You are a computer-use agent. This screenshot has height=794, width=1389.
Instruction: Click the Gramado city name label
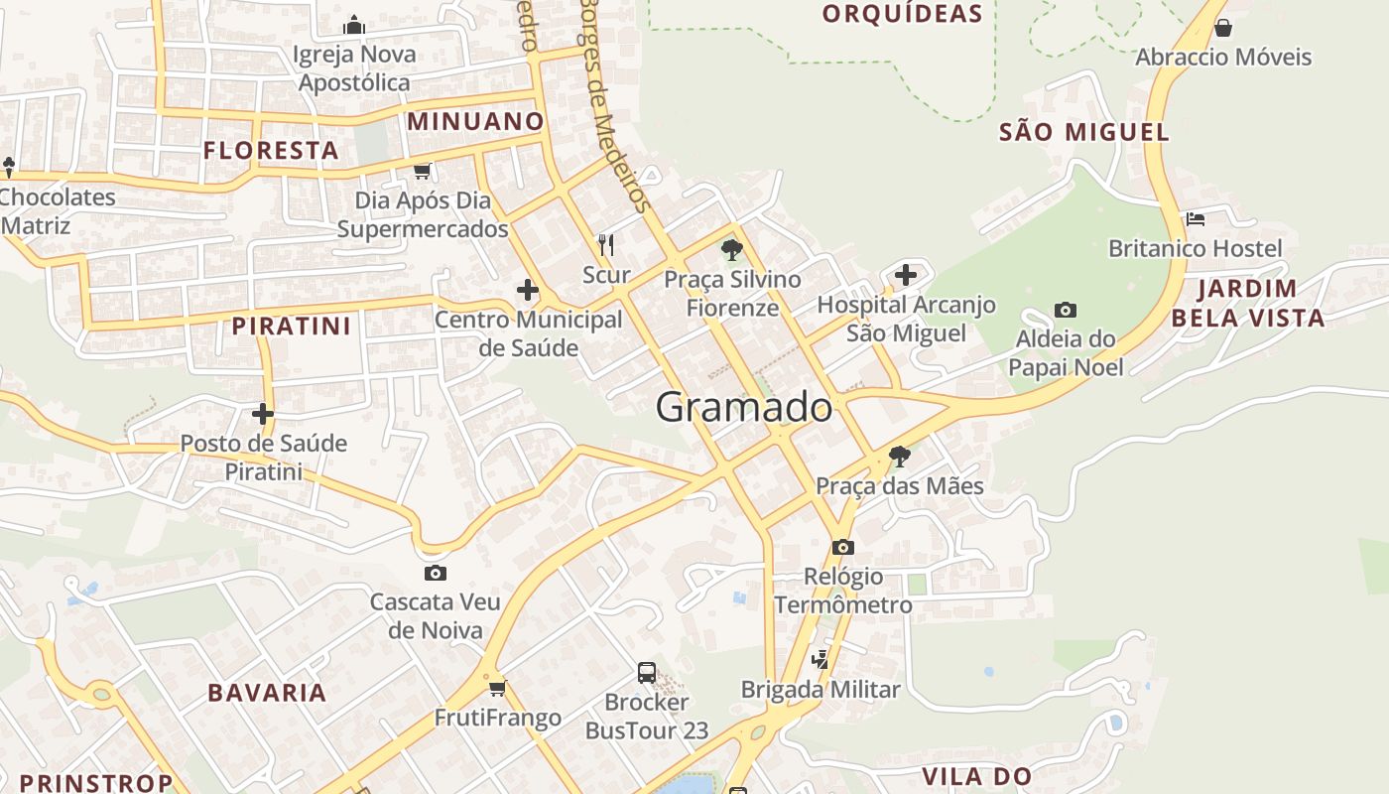(x=743, y=408)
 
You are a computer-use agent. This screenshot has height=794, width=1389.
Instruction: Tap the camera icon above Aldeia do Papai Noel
(x=1066, y=311)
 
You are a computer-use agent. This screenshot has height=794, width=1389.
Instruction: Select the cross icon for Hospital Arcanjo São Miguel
(x=905, y=275)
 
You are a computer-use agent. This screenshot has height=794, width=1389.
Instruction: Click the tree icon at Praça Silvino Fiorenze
(x=732, y=249)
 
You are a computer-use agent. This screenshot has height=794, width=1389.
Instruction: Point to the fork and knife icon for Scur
(x=606, y=244)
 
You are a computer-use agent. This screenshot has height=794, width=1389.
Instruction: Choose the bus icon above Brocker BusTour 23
(x=647, y=673)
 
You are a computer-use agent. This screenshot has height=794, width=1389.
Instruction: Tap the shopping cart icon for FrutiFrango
(x=497, y=688)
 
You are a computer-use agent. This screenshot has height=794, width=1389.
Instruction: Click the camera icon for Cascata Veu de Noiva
(x=435, y=573)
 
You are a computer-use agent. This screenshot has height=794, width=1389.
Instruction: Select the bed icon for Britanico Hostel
(x=1195, y=218)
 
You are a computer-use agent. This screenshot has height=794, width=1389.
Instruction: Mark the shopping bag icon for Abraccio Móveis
(x=1223, y=28)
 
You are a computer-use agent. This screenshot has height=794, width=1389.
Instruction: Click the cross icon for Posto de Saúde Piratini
(x=263, y=413)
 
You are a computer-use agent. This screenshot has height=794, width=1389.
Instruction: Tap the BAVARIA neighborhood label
(x=267, y=693)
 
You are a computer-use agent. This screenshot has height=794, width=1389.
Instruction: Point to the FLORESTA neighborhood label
(x=271, y=151)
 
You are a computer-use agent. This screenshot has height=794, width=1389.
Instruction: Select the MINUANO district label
(x=476, y=122)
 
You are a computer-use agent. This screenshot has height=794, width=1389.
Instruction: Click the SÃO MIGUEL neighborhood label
(x=1083, y=132)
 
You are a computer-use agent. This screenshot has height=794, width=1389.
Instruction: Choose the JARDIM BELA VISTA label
(x=1247, y=304)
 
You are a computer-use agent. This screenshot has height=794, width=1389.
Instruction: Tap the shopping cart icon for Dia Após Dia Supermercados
(x=423, y=172)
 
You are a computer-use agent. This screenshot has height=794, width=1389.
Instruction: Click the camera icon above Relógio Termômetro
(x=843, y=547)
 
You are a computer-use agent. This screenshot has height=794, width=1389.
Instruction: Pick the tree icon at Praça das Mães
(x=899, y=457)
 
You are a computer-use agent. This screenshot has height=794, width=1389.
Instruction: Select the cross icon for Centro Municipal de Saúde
(x=528, y=291)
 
